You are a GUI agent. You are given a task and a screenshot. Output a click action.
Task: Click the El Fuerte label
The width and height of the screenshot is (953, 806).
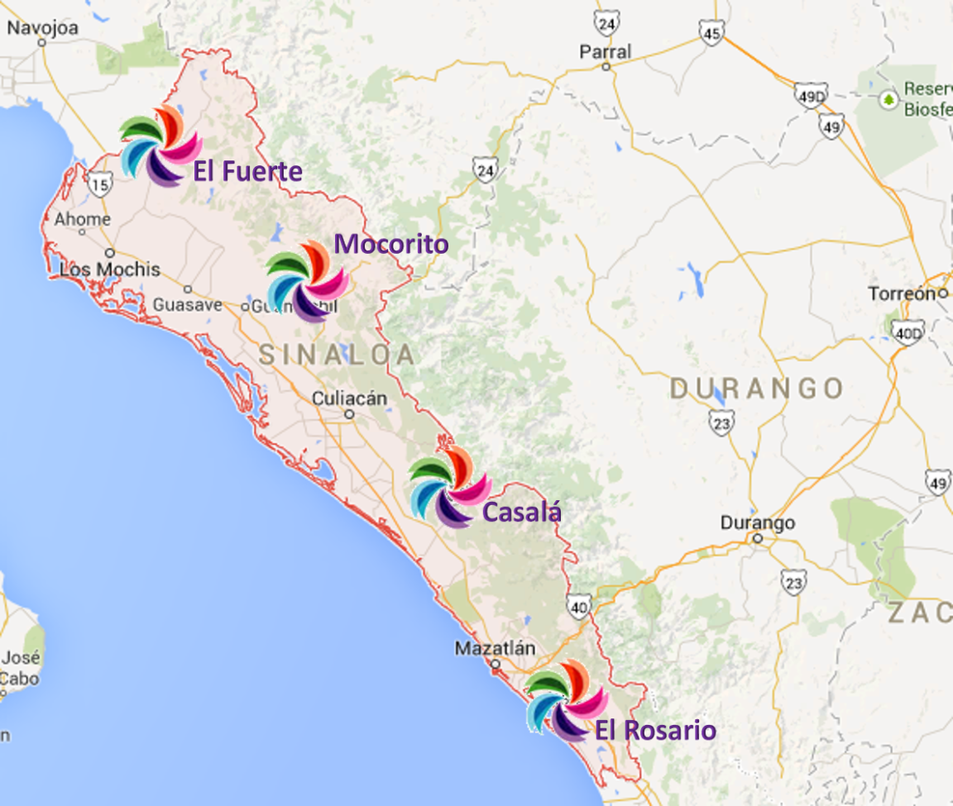(247, 171)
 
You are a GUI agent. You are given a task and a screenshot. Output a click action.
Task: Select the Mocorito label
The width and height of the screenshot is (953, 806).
(391, 244)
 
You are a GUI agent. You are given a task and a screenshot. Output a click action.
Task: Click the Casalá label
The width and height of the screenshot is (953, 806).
(522, 512)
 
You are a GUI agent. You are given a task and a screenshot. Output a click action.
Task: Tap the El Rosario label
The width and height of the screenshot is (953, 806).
(655, 731)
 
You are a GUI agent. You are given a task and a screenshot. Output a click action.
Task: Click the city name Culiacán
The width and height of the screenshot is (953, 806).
(349, 398)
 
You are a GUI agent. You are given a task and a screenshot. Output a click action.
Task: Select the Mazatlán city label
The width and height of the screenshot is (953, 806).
(495, 649)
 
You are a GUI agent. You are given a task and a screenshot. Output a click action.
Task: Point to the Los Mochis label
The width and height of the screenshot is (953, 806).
(110, 269)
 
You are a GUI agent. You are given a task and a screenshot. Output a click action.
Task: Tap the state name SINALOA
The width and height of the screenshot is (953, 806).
(337, 355)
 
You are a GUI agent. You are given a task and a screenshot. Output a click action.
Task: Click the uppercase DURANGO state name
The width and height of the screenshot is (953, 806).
(756, 389)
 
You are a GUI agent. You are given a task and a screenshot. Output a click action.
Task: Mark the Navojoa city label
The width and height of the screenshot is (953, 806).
(42, 28)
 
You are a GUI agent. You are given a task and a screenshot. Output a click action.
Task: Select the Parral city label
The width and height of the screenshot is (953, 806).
(605, 52)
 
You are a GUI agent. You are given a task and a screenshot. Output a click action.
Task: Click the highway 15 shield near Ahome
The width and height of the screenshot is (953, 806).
(100, 185)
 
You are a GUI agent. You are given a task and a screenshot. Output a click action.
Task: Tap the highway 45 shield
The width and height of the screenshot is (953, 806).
(710, 32)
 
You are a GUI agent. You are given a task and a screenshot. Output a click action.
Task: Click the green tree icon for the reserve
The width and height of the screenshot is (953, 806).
(889, 99)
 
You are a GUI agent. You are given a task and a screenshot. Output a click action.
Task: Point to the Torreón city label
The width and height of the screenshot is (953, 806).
(902, 293)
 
